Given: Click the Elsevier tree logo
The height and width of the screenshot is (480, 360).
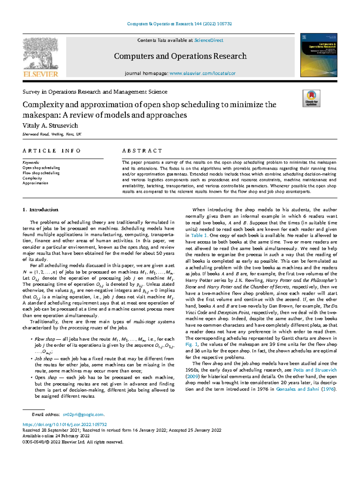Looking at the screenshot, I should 40,57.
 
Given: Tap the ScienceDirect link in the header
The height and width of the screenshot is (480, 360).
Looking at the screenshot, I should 208,40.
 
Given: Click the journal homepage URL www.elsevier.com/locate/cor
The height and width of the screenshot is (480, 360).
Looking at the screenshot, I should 202,73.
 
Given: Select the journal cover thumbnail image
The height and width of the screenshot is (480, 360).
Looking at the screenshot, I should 319,55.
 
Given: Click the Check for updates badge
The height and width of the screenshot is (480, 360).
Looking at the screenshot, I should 311,98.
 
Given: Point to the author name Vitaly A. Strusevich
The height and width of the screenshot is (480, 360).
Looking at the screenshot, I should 50,125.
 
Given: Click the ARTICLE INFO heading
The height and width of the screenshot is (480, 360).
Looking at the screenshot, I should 52,151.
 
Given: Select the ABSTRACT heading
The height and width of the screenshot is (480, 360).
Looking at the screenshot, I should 142,151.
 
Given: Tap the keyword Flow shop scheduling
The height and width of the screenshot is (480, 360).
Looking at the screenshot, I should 41,173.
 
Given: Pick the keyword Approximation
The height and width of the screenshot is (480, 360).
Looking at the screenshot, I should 35,183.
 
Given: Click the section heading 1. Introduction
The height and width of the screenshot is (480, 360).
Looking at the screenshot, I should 40,210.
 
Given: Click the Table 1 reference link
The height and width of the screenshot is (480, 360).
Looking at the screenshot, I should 199,236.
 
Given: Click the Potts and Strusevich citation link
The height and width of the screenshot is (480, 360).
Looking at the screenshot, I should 315,370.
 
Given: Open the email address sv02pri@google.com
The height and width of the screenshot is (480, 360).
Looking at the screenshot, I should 83,415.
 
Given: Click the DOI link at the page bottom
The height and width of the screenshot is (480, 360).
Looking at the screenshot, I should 65,424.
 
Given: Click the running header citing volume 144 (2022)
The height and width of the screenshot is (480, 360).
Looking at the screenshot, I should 179,24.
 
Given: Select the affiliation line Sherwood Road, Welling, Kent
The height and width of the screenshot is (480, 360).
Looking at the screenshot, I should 52,134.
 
